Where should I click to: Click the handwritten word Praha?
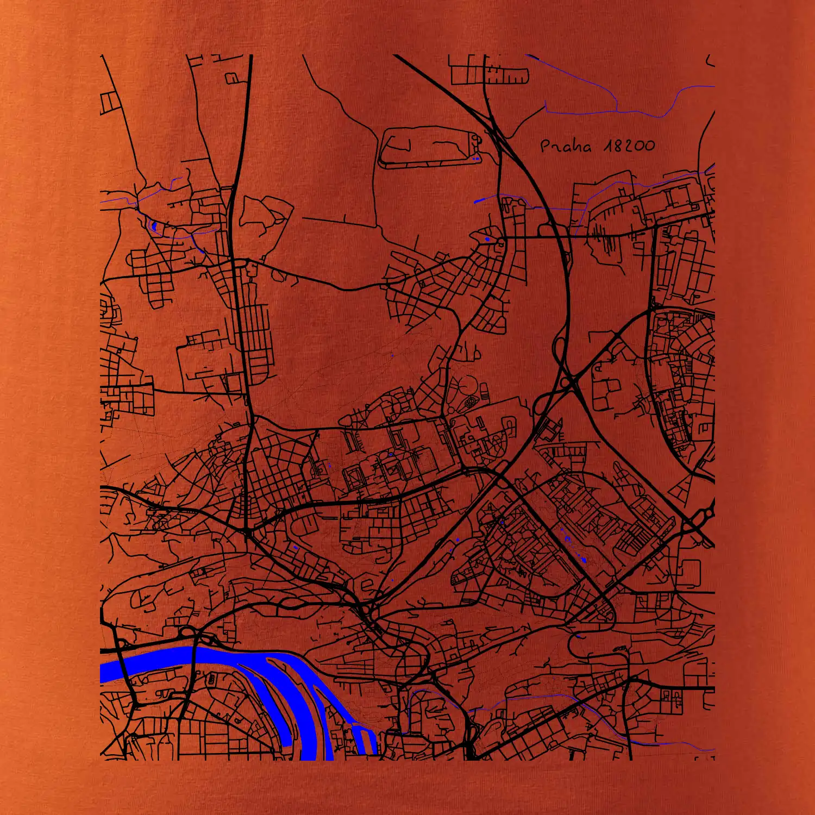click(566, 146)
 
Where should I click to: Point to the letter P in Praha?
click(546, 146)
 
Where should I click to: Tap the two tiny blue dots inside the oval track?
click(476, 159)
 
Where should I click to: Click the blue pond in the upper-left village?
click(154, 225)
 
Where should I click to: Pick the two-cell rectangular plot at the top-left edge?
click(109, 103)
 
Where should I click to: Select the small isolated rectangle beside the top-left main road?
click(232, 78)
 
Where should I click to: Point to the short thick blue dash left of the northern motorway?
click(479, 201)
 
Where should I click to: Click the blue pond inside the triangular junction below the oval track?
click(487, 239)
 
